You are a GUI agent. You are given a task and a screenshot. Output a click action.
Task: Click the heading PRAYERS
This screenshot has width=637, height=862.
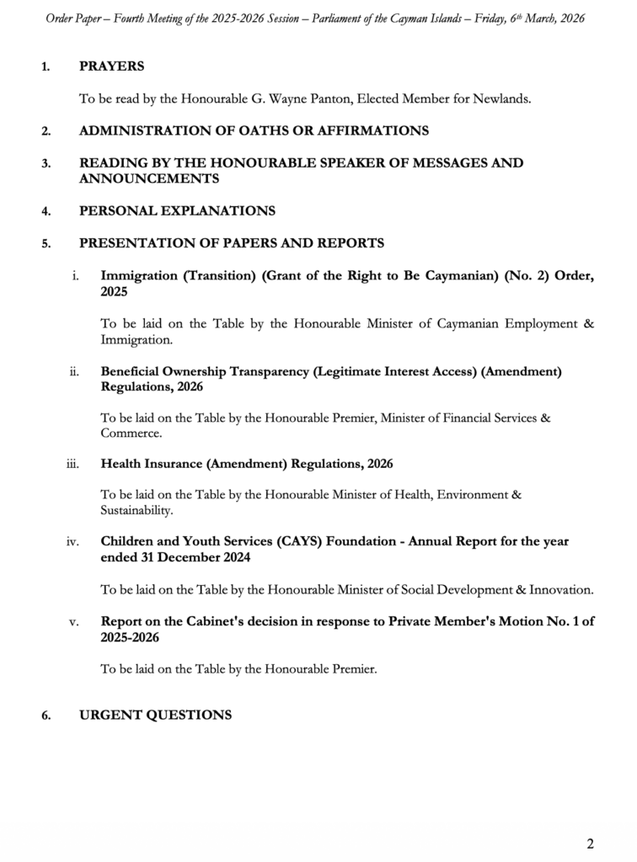point(111,66)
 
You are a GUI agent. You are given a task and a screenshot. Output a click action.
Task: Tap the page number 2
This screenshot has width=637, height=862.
point(591,843)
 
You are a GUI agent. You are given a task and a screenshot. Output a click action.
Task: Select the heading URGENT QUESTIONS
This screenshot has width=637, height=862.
point(155,715)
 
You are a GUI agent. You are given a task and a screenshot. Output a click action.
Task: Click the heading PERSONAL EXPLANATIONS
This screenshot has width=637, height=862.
point(177,210)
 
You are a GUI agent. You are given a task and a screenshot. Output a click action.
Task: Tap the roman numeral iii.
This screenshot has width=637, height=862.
point(72,464)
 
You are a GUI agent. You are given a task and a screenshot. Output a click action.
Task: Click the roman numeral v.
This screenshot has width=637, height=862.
point(74,622)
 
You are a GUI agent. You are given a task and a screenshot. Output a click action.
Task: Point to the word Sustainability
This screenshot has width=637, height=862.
point(137,511)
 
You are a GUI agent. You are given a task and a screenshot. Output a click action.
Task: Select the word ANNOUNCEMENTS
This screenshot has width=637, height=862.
point(149,178)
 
